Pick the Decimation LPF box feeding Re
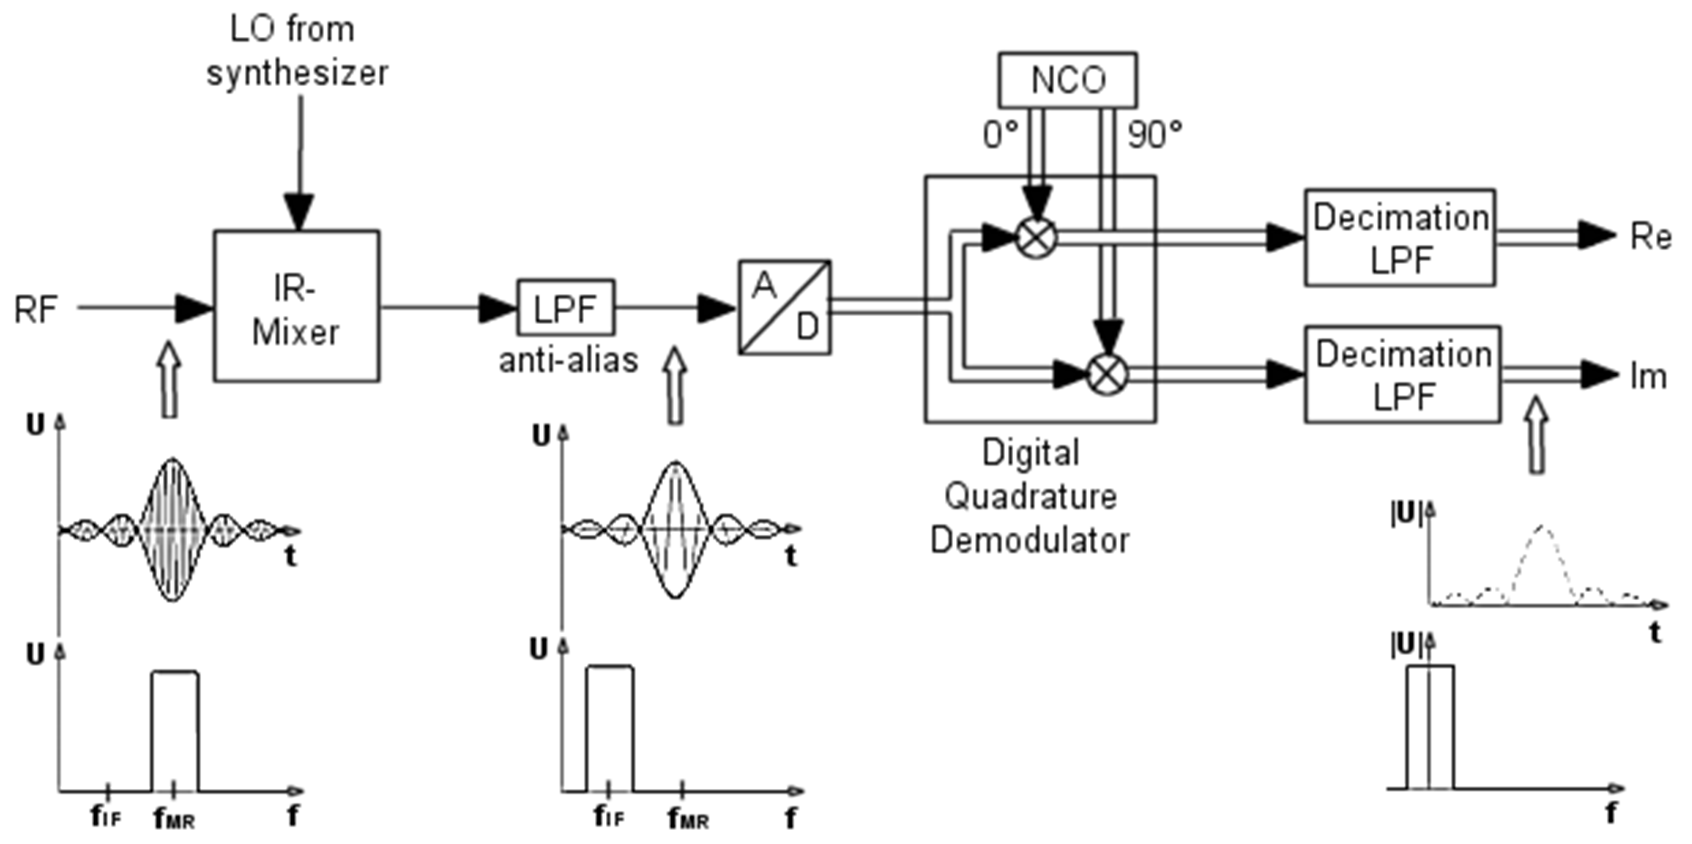[1400, 238]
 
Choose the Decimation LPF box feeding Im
[1402, 374]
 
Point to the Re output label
[1650, 237]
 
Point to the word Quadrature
[1030, 497]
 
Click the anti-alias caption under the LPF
[568, 360]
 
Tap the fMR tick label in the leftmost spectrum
[174, 818]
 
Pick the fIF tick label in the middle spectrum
[609, 817]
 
